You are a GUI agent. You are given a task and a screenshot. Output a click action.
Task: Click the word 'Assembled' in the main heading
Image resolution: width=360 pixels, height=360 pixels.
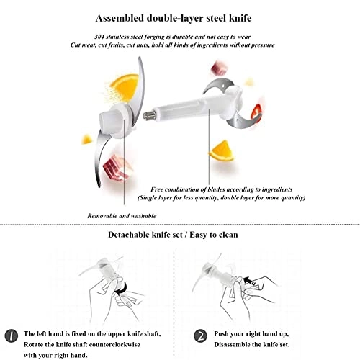(x=120, y=18)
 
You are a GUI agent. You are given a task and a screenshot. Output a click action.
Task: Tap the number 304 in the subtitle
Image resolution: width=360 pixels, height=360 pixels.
(x=99, y=37)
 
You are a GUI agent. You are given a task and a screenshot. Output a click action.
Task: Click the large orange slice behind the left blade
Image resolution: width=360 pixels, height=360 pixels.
(x=125, y=88)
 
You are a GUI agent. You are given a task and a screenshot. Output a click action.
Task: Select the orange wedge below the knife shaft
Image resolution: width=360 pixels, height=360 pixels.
(x=221, y=150)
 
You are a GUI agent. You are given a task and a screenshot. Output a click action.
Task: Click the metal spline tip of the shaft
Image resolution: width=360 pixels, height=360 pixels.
(x=149, y=116)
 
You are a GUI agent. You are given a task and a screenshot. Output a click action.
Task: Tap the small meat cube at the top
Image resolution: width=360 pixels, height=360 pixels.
(x=218, y=68)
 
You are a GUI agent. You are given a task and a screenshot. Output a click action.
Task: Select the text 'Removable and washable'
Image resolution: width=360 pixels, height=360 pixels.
(x=122, y=216)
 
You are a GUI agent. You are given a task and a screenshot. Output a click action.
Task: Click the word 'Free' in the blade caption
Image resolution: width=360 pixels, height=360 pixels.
(x=157, y=189)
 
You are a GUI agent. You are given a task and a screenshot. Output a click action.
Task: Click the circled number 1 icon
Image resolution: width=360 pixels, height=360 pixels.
(x=12, y=336)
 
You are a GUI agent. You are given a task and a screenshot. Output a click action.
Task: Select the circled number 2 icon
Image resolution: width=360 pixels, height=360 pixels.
(x=200, y=336)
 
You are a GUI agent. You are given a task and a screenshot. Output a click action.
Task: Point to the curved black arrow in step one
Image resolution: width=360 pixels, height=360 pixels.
(x=122, y=288)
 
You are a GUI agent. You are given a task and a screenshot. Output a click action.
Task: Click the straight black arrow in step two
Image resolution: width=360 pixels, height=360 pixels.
(x=250, y=281)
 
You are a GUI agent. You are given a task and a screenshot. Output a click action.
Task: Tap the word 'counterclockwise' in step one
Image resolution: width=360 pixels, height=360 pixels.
(x=114, y=345)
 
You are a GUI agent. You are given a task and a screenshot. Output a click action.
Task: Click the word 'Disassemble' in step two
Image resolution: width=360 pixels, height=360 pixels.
(x=231, y=345)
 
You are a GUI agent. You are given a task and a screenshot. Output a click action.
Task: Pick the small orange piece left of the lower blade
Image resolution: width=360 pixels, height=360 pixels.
(x=86, y=140)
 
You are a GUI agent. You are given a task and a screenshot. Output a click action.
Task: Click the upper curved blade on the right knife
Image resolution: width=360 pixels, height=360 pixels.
(x=217, y=85)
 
